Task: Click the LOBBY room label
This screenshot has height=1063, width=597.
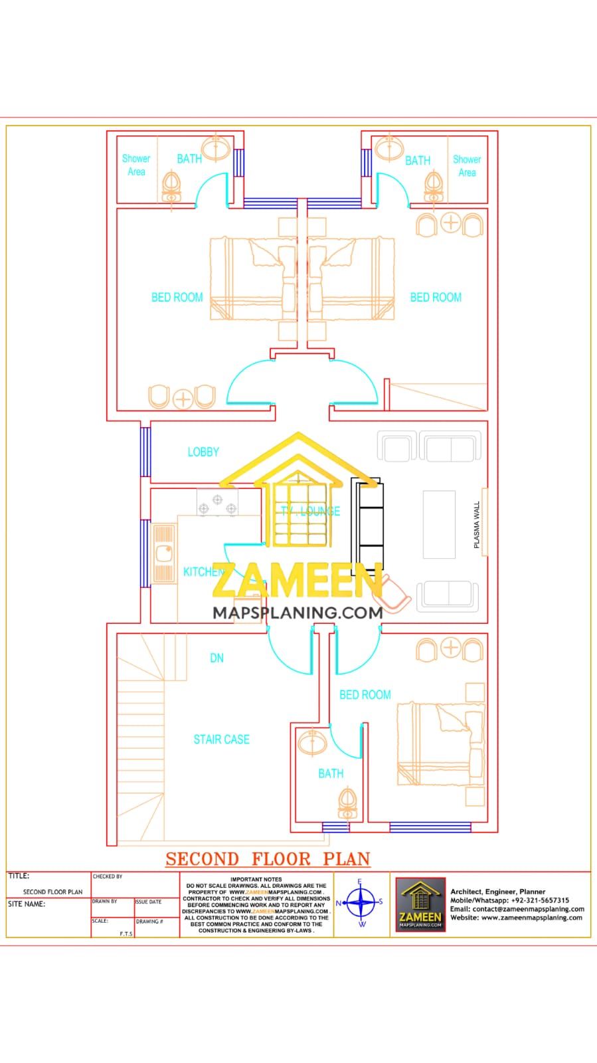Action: pos(203,452)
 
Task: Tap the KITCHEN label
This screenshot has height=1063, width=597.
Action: pos(203,571)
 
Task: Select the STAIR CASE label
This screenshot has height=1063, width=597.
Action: pos(221,739)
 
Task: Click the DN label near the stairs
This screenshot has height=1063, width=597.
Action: pos(216,658)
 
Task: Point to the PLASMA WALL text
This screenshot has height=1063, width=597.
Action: pos(476,525)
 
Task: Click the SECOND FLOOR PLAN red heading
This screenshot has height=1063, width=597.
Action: pos(268,858)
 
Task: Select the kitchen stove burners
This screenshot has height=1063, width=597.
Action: pos(217,504)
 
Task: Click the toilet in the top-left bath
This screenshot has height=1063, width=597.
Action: pos(171,187)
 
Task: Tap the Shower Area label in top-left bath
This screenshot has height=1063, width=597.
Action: pos(136,165)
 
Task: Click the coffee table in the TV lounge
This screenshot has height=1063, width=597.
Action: pos(439,525)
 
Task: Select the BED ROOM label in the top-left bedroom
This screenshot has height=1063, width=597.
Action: pos(177,297)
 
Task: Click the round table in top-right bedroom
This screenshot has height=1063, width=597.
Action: pos(451,223)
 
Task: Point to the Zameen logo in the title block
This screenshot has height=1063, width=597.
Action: pos(420,904)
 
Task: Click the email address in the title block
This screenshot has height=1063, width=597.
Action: pos(517,909)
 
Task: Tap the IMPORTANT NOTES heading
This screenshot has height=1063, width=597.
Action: pos(256,879)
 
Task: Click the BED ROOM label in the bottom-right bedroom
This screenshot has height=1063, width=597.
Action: pos(365,694)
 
